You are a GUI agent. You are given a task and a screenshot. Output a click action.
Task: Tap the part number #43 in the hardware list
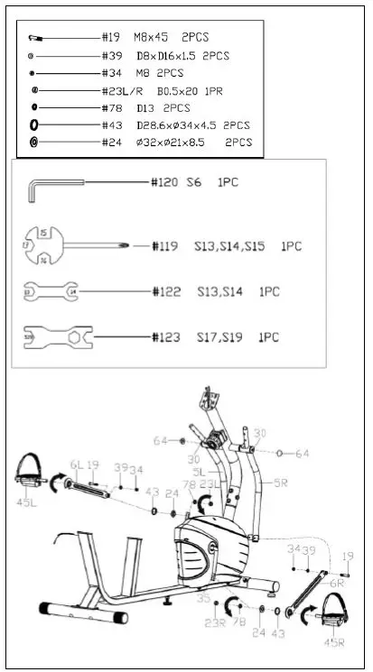(113, 125)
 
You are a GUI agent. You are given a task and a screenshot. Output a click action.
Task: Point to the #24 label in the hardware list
(113, 143)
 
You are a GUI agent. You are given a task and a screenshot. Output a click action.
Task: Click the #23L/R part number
(124, 90)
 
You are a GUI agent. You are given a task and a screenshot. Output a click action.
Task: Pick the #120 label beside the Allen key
(163, 182)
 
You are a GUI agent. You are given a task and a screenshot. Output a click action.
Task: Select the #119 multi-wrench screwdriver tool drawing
(72, 244)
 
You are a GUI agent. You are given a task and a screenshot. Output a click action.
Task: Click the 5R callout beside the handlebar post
(281, 484)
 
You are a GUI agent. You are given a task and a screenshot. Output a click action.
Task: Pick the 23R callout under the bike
(215, 622)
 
